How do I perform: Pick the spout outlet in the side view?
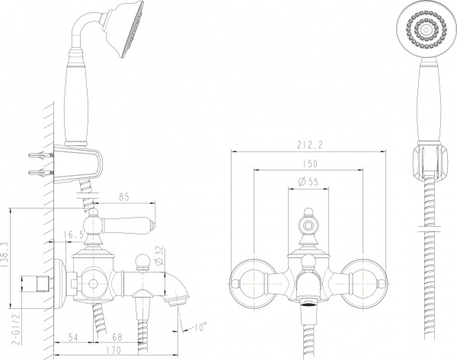[x=179, y=301]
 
